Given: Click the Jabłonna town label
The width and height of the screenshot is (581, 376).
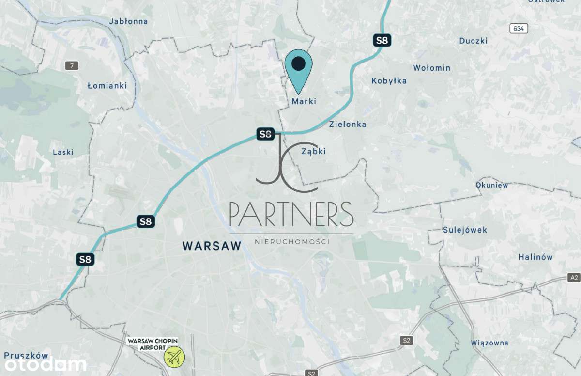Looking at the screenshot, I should pos(128,21).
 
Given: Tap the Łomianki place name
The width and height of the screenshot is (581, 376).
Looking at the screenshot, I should pos(107,86).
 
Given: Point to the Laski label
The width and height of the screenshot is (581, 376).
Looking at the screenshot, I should pos(63,152).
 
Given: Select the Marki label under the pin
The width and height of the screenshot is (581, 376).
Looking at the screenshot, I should pos(304,101).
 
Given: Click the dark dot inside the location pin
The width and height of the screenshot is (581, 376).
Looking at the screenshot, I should pos(299,63).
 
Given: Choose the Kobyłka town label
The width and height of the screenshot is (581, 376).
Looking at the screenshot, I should pos(389,81).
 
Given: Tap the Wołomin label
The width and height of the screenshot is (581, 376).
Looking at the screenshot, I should pos(432,68).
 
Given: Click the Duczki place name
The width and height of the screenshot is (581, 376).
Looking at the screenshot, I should pos(474,41).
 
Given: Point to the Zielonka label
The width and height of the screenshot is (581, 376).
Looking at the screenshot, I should pos(348,124).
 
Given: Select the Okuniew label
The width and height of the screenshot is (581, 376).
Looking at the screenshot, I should pos(492,185).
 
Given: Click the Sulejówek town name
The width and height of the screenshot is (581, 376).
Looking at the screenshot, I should pos(465,230).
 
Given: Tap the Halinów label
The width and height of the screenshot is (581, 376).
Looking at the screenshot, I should pos(535,257).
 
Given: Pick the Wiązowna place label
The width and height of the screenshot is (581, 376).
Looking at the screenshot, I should pos(489,343).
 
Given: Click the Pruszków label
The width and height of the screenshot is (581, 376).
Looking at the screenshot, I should pos(27,355).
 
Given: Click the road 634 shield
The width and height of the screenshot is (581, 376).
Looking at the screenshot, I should pos(519,29).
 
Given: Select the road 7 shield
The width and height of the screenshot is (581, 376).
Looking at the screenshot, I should pos(72,66).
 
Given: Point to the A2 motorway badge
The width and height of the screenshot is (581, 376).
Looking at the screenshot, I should pos(574,278).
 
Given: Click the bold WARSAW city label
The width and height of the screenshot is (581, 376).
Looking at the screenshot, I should pos(212,246).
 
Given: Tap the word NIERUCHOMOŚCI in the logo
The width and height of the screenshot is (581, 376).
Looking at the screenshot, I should pos(291,241).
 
